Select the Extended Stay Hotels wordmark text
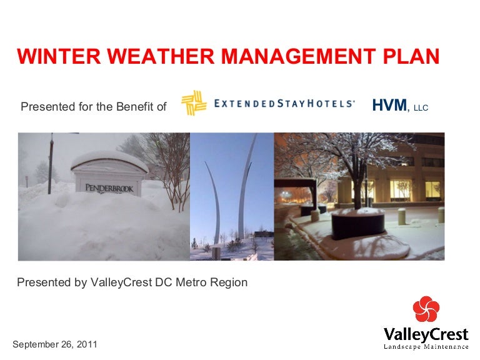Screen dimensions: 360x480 pos(284,104)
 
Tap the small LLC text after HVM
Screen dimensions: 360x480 pos(421,108)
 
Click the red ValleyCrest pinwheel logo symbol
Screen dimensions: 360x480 pos(426,310)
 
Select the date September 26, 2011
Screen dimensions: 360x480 pos(55,344)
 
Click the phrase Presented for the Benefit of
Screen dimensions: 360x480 pos(94,106)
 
